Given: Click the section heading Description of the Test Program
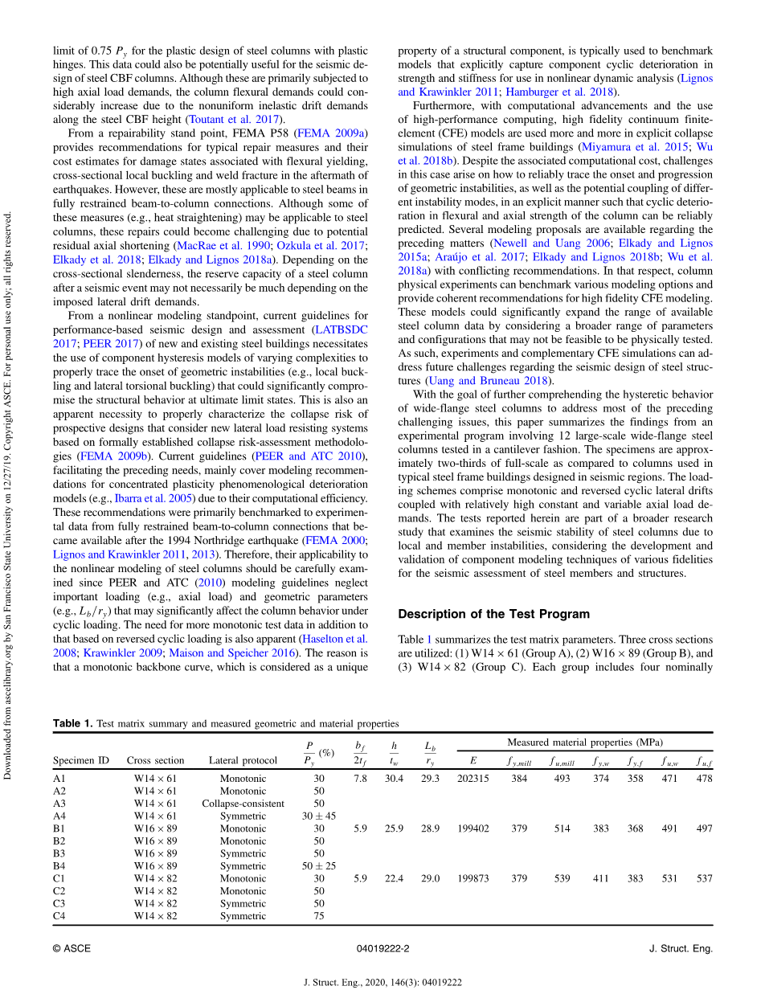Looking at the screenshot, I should pos(493,614).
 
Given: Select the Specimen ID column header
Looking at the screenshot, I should pos(81,760).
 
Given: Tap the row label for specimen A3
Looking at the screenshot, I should pos(59,804).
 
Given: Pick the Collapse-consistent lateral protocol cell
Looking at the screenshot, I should pos(243,804).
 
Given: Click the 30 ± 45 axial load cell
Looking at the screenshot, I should pos(319,816).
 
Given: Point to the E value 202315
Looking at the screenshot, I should pos(472,779).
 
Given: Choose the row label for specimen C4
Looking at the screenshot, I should pos(59,916).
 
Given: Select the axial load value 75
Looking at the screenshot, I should pos(319,916).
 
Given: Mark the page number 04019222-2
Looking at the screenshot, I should pos(382,949).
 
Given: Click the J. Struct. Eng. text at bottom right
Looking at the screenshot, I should pos(680,949).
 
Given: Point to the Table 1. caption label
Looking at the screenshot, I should pos(72,724).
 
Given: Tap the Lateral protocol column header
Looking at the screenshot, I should pos(243,760).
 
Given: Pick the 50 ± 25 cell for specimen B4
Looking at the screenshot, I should pos(319,866).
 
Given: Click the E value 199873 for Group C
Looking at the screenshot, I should pos(472,878).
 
